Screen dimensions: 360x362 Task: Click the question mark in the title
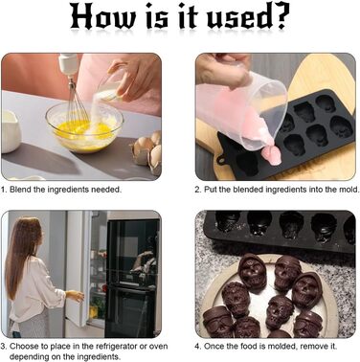(281, 16)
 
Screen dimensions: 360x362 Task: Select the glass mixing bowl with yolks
(84, 126)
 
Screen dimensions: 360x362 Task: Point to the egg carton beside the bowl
(147, 152)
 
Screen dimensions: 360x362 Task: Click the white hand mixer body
(68, 64)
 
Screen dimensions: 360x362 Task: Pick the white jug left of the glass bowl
(11, 131)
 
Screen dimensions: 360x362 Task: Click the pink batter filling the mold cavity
(272, 155)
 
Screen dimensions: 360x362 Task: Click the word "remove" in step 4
(313, 347)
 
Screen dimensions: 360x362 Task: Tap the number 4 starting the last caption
(197, 347)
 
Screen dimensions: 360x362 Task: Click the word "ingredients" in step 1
(68, 190)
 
